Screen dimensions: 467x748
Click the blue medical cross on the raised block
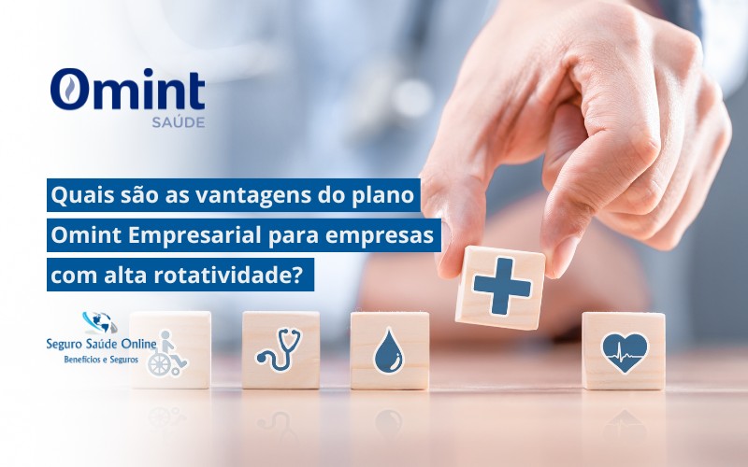(501, 287)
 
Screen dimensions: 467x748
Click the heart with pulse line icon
(624, 351)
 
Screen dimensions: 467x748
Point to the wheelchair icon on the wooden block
(167, 354)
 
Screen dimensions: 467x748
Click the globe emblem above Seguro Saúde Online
(99, 323)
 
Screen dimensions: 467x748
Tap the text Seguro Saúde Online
(100, 345)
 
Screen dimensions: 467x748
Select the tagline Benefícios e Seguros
(100, 360)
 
